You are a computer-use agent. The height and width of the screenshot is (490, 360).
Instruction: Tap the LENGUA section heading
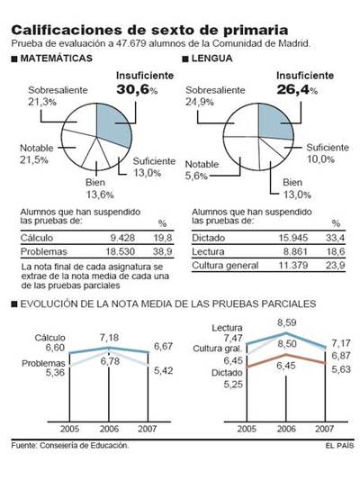[216, 59]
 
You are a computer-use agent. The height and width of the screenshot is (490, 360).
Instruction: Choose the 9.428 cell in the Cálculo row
[121, 238]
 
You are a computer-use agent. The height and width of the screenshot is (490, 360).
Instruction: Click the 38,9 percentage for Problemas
[163, 253]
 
